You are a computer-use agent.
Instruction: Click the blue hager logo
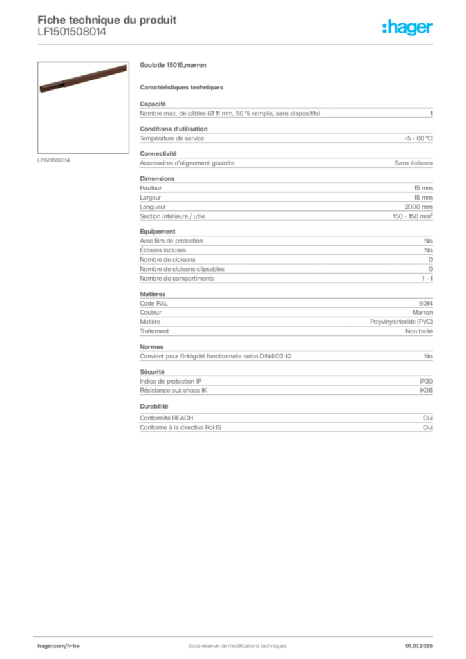(x=408, y=28)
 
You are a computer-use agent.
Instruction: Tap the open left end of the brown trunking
(x=42, y=89)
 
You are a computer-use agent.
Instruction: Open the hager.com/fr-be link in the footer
(x=72, y=645)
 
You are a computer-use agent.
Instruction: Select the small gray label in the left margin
(x=53, y=160)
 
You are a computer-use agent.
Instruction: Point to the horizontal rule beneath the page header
(x=236, y=44)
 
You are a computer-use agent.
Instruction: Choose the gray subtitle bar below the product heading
(x=183, y=86)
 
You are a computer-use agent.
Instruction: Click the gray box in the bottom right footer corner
(x=423, y=643)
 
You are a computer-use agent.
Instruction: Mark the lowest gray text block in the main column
(x=285, y=424)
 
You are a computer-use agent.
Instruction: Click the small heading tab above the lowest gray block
(x=154, y=407)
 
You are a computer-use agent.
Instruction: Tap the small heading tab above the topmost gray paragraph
(x=154, y=102)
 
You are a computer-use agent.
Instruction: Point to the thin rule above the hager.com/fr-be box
(x=236, y=635)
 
